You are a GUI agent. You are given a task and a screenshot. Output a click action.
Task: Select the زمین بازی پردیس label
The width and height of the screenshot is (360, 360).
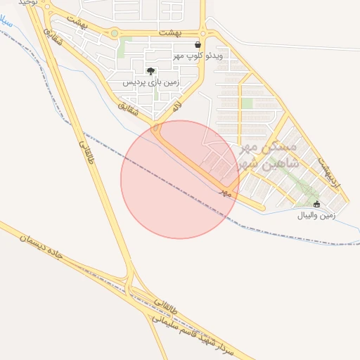coord(152,82)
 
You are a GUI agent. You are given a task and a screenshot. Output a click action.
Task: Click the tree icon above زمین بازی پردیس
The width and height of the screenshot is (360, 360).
coord(150,71)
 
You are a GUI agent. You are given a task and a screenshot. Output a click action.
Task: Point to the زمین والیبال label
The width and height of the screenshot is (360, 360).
coord(325,215)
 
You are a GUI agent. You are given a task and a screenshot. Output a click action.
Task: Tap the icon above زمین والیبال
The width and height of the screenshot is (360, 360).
coord(316,205)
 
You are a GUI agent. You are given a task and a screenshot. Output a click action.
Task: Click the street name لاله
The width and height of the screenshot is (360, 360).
coord(177,107)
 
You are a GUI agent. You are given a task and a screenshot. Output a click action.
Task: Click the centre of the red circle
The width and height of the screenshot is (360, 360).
coord(180,179)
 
